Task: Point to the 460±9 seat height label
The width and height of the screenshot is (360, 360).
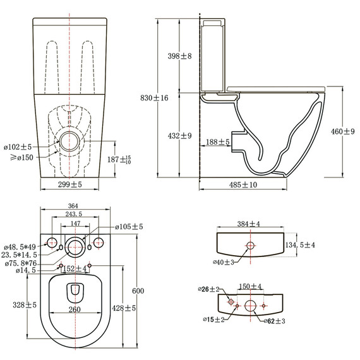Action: [344, 131]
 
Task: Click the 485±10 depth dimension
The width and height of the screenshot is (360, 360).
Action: [243, 184]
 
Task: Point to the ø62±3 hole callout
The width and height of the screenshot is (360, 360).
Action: [273, 321]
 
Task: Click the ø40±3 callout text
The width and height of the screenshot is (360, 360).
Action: [224, 261]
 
